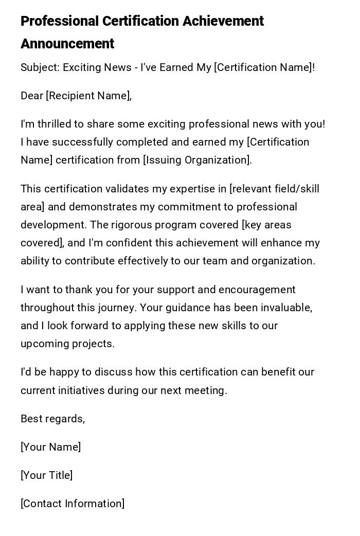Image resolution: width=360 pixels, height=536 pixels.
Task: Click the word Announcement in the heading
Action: coord(67,44)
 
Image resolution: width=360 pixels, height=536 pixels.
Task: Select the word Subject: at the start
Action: coord(40,67)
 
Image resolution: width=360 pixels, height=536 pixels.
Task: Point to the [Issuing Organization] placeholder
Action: coord(197,160)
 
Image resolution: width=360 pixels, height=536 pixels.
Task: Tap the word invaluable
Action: coord(286,308)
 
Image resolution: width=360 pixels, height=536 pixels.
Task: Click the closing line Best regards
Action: coord(52,419)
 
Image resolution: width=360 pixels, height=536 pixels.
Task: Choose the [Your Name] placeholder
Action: coord(50,447)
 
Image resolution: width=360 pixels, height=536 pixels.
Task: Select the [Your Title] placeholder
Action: coord(46,475)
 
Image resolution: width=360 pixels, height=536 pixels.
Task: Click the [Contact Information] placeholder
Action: coord(73,504)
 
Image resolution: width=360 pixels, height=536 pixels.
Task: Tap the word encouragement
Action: coord(257,290)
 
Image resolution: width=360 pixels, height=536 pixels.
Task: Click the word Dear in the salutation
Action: coord(32,96)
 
